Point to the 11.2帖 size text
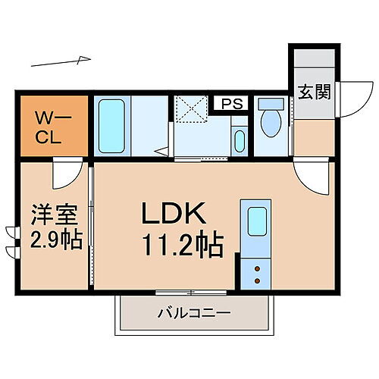(182, 244)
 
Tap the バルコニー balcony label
(193, 312)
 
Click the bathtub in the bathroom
(111, 127)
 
